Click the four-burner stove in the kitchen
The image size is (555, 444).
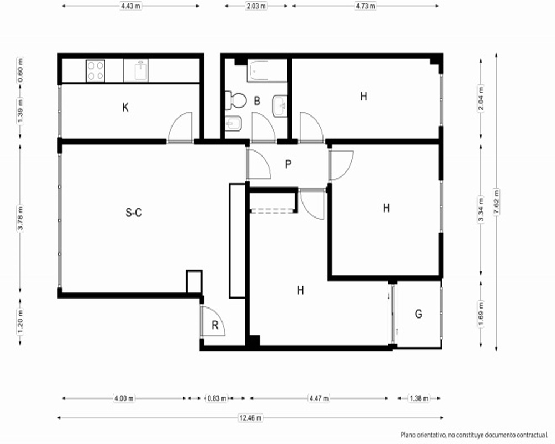point(95,71)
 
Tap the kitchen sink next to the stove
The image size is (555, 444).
point(141,70)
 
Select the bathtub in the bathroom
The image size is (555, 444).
point(268,71)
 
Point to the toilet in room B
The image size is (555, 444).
point(236,101)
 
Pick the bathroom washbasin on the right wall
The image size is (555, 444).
point(280,106)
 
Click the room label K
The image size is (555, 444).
point(125,107)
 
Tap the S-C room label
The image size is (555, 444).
point(134,213)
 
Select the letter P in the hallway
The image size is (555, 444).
point(289,164)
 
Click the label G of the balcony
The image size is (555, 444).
point(418,314)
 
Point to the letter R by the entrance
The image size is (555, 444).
point(215,325)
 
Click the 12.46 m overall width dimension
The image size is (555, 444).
point(251,418)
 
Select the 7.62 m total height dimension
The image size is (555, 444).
point(496,202)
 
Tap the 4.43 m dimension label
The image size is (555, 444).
point(130,6)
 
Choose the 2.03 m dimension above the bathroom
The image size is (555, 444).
point(256,6)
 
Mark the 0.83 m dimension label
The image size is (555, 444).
point(217,398)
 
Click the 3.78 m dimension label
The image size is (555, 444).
point(21,218)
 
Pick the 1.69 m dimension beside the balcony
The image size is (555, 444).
point(481,314)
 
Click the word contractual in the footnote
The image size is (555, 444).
point(532,435)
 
